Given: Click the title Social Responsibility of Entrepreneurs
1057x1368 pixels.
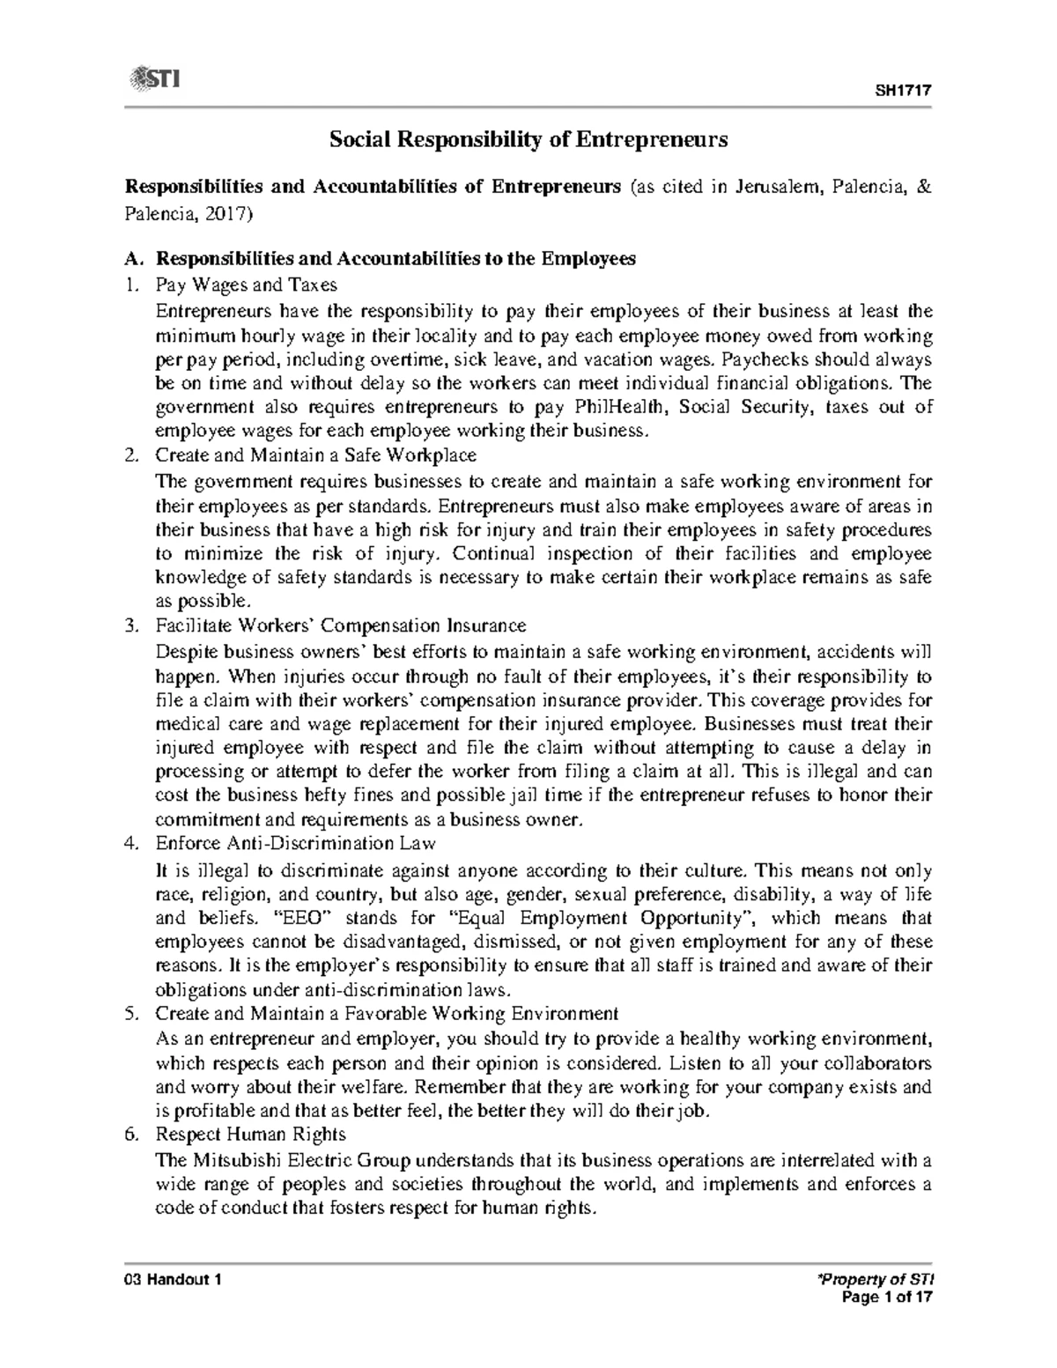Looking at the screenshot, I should pos(528,139).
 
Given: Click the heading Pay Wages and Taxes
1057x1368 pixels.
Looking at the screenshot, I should pos(246,285).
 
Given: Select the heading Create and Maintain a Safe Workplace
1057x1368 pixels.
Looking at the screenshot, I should pos(315,455).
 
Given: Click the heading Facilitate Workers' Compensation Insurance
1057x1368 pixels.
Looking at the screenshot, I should pos(340,625).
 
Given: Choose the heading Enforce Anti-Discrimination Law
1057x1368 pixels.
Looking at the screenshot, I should pos(295,843).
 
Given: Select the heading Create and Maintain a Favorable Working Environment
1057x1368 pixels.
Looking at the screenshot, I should pos(387,1013).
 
